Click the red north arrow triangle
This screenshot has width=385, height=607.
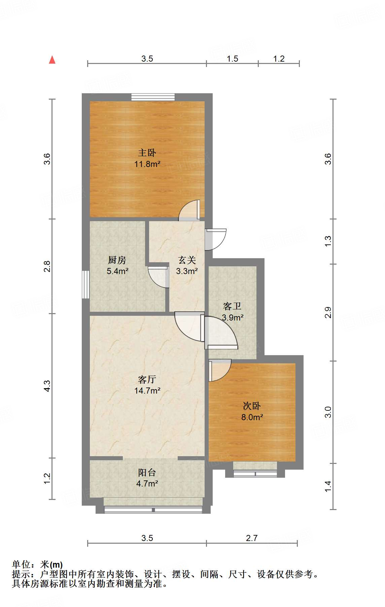point(52,60)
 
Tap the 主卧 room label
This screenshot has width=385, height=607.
point(147,153)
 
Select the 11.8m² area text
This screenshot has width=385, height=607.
point(147,164)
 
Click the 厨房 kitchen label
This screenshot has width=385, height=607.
point(117,260)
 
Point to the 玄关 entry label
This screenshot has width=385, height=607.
point(187,260)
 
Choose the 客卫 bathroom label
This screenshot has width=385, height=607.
point(232,306)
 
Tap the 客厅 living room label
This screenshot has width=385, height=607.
point(147,379)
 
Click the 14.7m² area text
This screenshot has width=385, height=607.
point(147,391)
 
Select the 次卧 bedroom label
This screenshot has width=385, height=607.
point(252,406)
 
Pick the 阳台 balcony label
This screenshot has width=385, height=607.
point(147,472)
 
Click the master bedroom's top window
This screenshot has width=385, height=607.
point(153,97)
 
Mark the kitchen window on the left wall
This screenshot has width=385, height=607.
point(86,284)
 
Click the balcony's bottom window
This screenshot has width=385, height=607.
point(153,510)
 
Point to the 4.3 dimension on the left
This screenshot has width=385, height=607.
point(47,385)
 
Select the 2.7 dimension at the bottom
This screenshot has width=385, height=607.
point(252,538)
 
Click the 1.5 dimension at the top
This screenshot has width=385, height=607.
point(232,59)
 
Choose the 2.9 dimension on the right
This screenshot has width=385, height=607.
point(328,312)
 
